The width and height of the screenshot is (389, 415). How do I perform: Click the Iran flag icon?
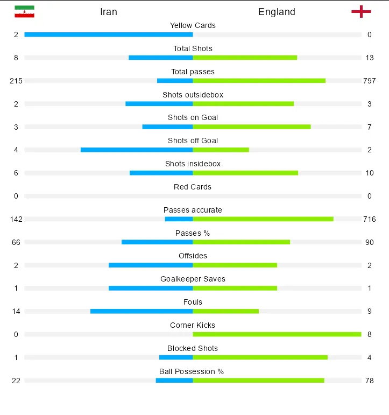pyautogui.click(x=24, y=11)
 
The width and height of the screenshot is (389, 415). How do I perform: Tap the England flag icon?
pyautogui.click(x=361, y=11)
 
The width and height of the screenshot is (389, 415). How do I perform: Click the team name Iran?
pyautogui.click(x=109, y=12)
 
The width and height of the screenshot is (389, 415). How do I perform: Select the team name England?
pyautogui.click(x=277, y=12)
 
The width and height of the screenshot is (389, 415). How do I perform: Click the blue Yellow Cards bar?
pyautogui.click(x=108, y=34)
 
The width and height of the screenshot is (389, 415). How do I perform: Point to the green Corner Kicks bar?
pyautogui.click(x=277, y=334)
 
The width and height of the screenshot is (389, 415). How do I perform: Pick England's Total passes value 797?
pyautogui.click(x=369, y=81)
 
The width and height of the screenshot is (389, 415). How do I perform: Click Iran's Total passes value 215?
pyautogui.click(x=16, y=81)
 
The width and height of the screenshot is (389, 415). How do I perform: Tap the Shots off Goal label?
pyautogui.click(x=193, y=140)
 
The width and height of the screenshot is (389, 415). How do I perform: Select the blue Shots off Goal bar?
pyautogui.click(x=137, y=150)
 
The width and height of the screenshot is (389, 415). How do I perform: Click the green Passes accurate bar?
pyautogui.click(x=263, y=219)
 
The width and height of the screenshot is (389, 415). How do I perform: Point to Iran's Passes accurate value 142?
pyautogui.click(x=16, y=219)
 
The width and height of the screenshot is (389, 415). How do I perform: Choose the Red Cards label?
pyautogui.click(x=193, y=187)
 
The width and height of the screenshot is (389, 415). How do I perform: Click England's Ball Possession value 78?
pyautogui.click(x=369, y=381)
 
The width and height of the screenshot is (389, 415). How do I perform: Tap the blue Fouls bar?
pyautogui.click(x=142, y=311)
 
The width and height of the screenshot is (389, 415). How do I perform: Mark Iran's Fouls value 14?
pyautogui.click(x=16, y=311)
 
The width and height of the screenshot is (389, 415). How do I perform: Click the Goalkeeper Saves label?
pyautogui.click(x=193, y=279)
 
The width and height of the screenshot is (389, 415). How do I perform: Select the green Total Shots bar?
pyautogui.click(x=245, y=58)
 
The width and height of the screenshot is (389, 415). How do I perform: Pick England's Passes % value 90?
pyautogui.click(x=369, y=242)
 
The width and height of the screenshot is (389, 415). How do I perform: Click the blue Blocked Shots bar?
pyautogui.click(x=176, y=357)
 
